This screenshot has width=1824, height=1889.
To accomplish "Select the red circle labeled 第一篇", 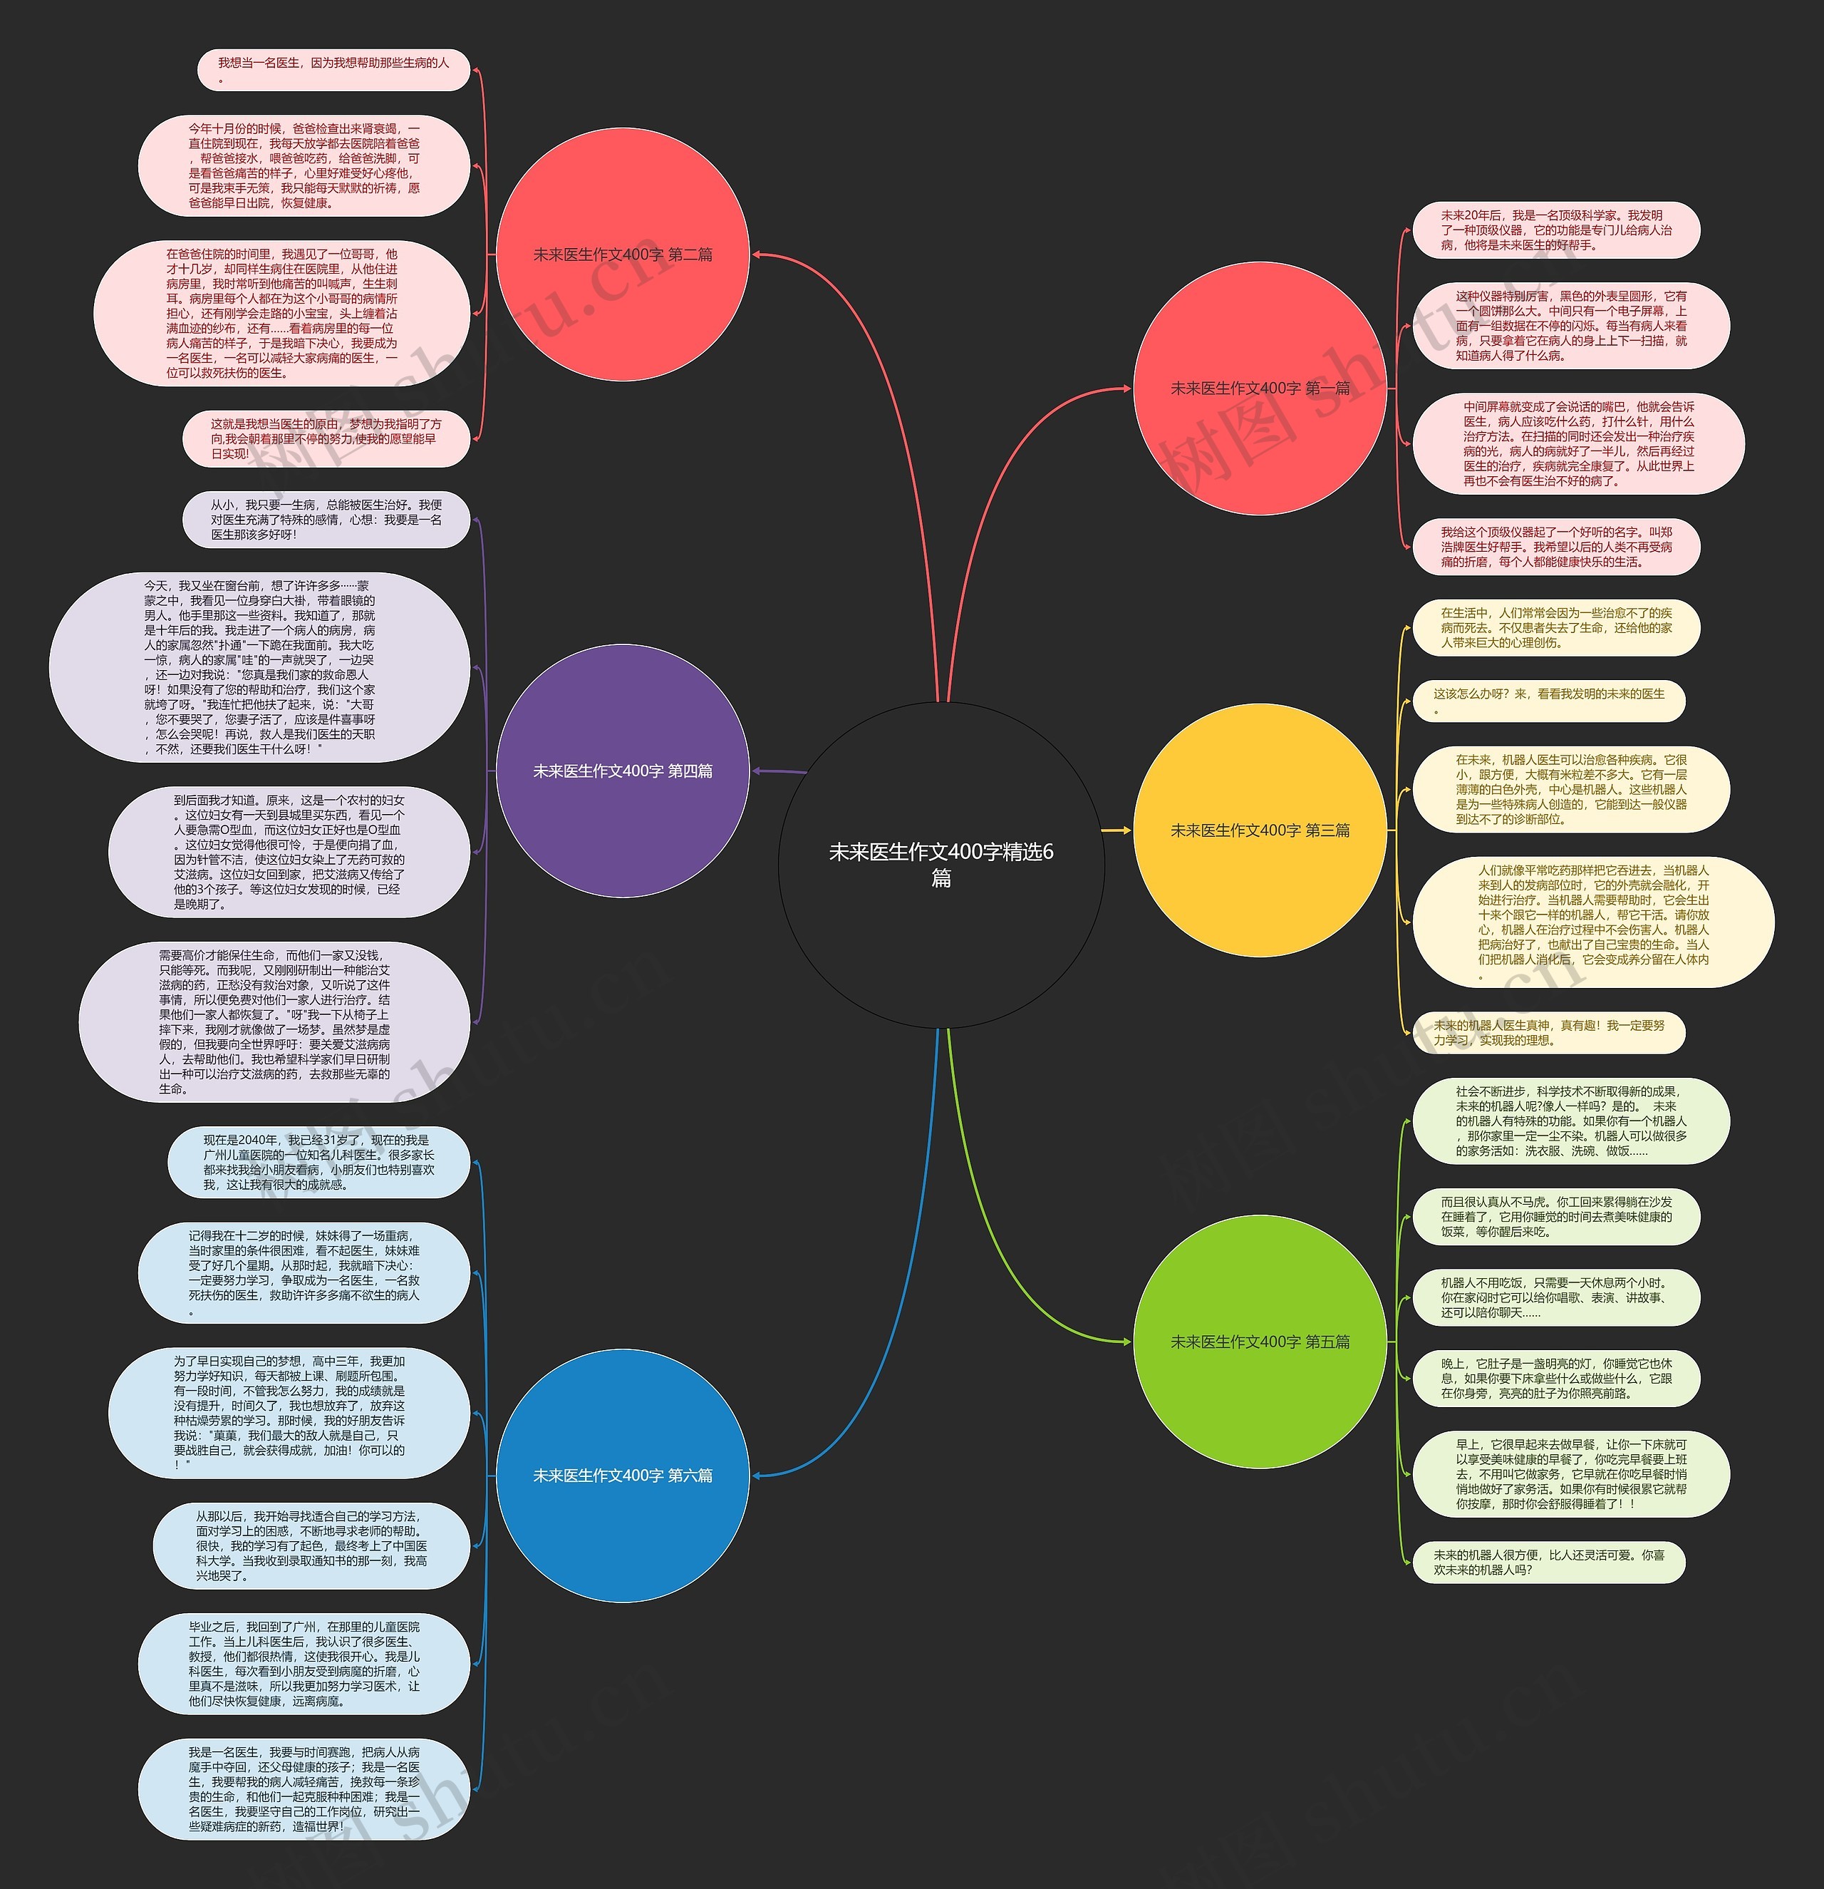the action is (x=1260, y=388).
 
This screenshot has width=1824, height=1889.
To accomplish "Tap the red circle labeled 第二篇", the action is (x=623, y=254).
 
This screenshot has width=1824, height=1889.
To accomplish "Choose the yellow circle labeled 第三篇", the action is (x=1260, y=830).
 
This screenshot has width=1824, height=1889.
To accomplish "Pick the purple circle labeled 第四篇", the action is (x=623, y=771).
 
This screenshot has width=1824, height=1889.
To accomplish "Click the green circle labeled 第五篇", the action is (x=1260, y=1342).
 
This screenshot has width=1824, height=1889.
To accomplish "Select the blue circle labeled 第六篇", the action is (x=623, y=1476).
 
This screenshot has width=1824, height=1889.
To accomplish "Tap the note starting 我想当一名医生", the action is (x=333, y=69).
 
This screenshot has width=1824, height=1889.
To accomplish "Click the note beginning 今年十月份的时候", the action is (x=304, y=166).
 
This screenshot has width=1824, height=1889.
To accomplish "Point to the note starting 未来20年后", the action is (x=1555, y=230).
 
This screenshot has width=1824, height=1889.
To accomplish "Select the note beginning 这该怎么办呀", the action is (x=1548, y=701).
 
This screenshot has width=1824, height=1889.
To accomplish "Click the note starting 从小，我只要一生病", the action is (x=326, y=520).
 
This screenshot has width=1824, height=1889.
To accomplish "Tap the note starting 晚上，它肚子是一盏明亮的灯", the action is (x=1555, y=1378).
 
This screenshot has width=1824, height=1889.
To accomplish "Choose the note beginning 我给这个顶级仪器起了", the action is (x=1555, y=547).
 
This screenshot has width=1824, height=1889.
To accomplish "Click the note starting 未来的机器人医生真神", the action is (x=1548, y=1032).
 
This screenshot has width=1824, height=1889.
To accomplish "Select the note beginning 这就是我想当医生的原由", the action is (x=326, y=438).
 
